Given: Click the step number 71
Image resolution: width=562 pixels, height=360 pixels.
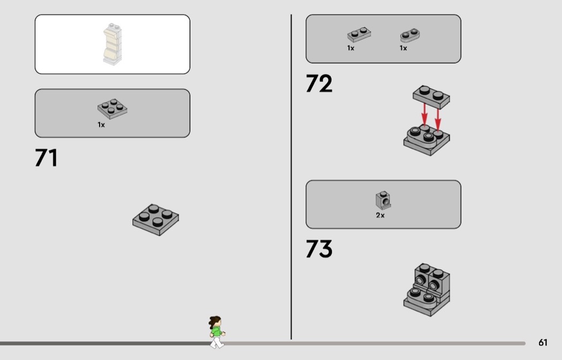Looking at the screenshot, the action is tap(46, 158).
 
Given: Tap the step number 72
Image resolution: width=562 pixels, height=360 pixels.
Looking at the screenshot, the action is tap(319, 83).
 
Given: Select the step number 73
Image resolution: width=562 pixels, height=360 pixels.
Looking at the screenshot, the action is tap(319, 249).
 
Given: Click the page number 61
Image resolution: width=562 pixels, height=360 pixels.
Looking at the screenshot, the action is tap(543, 343).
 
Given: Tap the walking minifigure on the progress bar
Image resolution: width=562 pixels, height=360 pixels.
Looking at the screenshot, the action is tap(216, 332).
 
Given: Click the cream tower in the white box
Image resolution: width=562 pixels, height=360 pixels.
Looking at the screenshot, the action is tap(112, 44).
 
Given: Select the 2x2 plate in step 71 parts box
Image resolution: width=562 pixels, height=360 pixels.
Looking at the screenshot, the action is tap(112, 109).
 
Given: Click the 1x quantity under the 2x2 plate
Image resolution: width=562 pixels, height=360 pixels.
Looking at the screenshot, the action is tap(101, 125).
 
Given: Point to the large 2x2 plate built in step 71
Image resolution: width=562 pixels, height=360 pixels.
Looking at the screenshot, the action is tap(156, 219).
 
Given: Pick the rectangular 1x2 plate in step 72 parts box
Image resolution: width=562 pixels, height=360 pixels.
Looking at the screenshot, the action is tap(359, 35).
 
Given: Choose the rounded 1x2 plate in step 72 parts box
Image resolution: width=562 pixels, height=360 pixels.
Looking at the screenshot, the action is tap(410, 35).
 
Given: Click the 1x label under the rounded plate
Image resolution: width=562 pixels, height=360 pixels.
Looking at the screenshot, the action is tap(403, 48).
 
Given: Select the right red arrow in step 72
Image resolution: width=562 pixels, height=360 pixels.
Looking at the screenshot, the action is tap(438, 120).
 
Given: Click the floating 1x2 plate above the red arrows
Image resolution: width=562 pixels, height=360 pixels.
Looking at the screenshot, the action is tap(431, 97).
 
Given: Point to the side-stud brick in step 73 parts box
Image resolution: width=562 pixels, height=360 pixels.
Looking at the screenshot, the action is tap(383, 200).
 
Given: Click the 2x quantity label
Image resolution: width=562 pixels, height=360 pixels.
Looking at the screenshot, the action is tap(380, 215).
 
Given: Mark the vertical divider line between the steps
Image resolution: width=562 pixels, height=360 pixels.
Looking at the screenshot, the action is tap(291, 177).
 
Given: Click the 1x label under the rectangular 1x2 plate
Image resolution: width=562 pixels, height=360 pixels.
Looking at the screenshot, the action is tap(351, 48).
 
